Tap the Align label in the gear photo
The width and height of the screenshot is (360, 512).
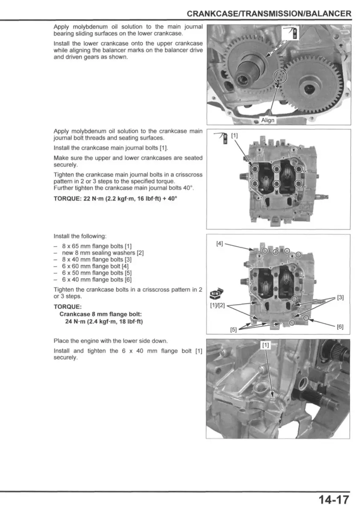(x=268, y=120)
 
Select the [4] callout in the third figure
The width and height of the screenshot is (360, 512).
(x=220, y=244)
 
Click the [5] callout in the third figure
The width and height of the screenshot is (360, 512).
(x=233, y=329)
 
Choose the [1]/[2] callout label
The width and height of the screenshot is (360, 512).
(x=217, y=305)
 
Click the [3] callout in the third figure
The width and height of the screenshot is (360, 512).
(x=340, y=297)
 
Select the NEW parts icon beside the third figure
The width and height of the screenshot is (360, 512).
(x=215, y=293)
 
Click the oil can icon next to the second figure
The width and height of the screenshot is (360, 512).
(x=221, y=137)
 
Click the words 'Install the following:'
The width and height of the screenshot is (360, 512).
(x=80, y=236)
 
